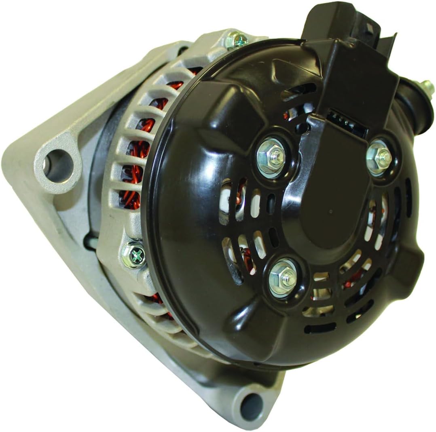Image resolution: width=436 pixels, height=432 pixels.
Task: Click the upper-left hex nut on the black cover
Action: pos(271,158)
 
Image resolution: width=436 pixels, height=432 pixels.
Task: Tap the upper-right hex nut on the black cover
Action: pos(379,157)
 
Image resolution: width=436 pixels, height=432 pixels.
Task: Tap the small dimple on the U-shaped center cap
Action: pos(331,211)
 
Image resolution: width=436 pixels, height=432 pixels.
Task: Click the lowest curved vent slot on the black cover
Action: pos(320,327)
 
